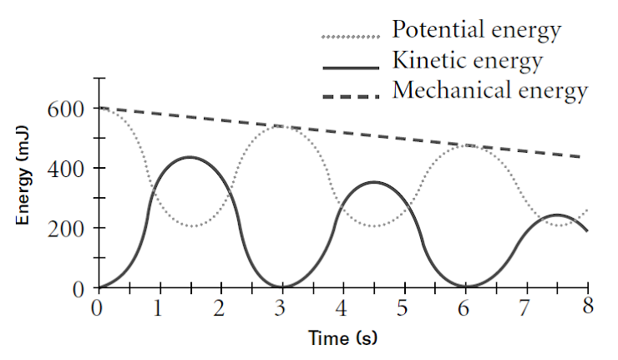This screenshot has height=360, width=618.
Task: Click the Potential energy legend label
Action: tap(476, 32)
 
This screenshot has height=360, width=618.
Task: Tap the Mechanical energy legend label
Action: tap(490, 89)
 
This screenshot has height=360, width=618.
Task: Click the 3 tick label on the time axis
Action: tap(282, 307)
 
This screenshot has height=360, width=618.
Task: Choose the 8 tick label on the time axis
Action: tap(588, 307)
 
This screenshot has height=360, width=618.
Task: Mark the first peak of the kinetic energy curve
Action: tap(190, 157)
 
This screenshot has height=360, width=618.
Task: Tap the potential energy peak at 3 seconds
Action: tap(282, 126)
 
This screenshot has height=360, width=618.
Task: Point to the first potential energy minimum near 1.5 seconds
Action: tap(190, 226)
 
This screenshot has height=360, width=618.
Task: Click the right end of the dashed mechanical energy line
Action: tap(587, 157)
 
